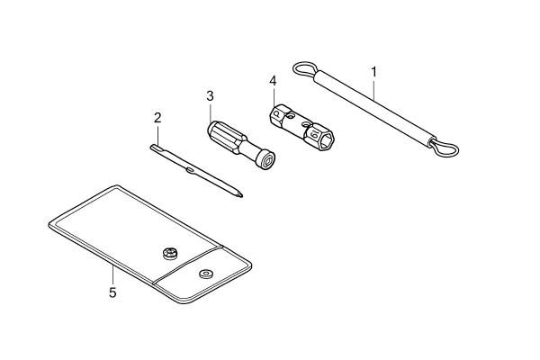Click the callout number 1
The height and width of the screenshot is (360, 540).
click(x=373, y=72)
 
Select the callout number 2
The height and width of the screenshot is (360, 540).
click(x=157, y=118)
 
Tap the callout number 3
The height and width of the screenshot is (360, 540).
click(x=210, y=95)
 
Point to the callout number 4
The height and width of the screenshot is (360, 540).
click(x=273, y=81)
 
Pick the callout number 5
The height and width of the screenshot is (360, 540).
click(x=112, y=292)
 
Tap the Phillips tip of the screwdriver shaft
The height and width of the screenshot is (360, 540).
click(x=239, y=194)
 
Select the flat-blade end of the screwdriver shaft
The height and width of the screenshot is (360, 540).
click(x=154, y=148)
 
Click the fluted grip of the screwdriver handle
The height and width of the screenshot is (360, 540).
click(x=227, y=137)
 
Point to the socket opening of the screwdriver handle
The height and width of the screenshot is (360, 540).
click(x=268, y=161)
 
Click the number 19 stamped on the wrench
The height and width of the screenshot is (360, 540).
click(x=313, y=134)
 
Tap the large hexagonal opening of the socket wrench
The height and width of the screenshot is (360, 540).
click(x=326, y=140)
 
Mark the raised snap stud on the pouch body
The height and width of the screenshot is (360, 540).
click(x=170, y=254)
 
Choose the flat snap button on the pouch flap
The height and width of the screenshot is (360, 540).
click(x=206, y=274)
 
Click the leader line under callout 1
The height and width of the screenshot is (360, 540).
click(x=373, y=89)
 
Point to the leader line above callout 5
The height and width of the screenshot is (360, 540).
click(x=112, y=276)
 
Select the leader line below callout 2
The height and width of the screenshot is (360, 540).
click(x=157, y=135)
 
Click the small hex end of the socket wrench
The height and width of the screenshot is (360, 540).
click(x=276, y=113)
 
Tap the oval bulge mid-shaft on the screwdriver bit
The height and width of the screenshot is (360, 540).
click(x=190, y=170)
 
